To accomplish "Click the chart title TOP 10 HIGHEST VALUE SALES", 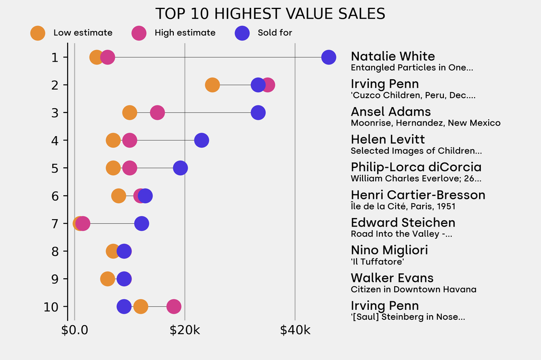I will (270, 14).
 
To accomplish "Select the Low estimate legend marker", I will (38, 33).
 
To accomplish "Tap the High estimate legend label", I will (185, 33).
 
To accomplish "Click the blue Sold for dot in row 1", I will (329, 57).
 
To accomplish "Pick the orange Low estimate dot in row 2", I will (212, 85).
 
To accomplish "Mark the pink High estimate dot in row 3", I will (157, 112).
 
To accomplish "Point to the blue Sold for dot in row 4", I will (201, 140).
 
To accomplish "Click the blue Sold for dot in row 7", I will (142, 223).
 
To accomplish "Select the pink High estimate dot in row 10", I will (174, 307).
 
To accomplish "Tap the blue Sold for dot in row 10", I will (124, 307).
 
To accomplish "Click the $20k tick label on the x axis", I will (185, 330).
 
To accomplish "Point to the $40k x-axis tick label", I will (295, 330).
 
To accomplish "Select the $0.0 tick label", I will (74, 330).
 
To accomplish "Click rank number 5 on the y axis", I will (54, 168).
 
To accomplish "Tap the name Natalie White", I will (393, 56).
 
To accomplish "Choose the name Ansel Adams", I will (390, 112).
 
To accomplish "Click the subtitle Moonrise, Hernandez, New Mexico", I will (425, 123).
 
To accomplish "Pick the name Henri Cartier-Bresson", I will (417, 195).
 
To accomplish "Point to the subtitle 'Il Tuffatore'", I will (373, 261).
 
